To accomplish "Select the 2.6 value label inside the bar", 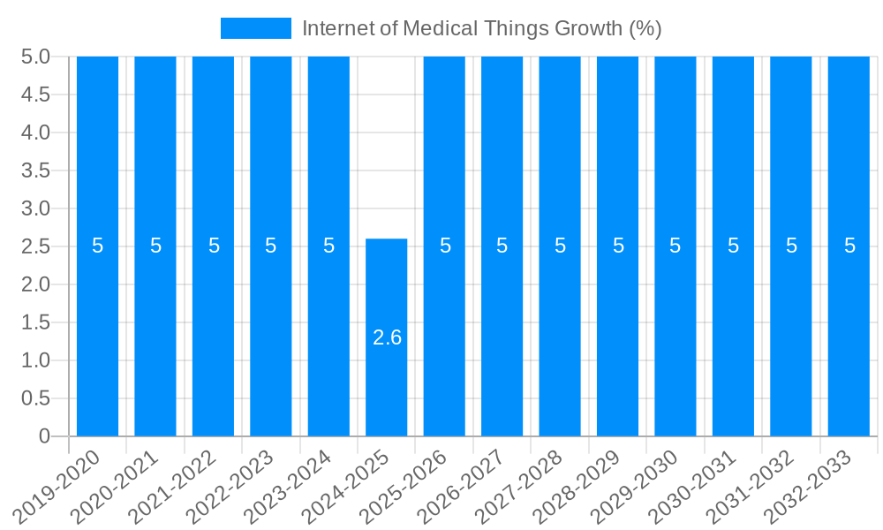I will (x=387, y=337).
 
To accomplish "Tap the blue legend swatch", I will (x=255, y=28).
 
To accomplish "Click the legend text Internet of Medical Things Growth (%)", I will (x=481, y=28).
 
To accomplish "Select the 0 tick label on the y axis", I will (x=45, y=436).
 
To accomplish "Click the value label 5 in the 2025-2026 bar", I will (x=445, y=246).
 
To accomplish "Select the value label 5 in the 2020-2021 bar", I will (x=155, y=246).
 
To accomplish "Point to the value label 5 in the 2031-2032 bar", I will (x=791, y=246).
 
